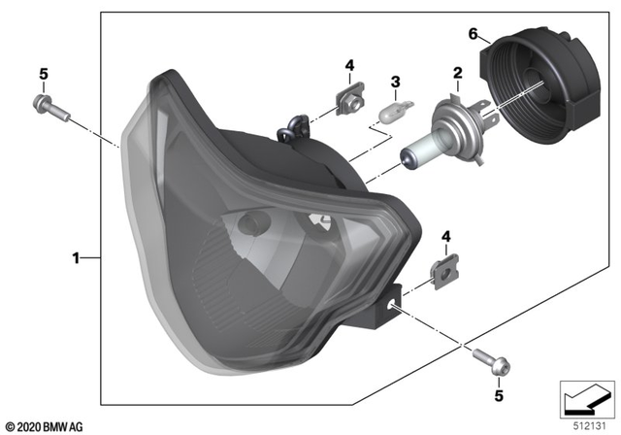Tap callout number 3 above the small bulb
click(x=395, y=81)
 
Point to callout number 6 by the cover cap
click(x=474, y=34)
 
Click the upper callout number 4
click(x=349, y=66)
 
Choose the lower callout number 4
click(x=445, y=236)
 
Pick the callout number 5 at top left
click(x=43, y=74)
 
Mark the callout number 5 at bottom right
click(x=499, y=395)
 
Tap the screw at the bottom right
click(x=487, y=363)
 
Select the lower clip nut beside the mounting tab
click(x=443, y=273)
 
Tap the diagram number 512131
click(x=584, y=424)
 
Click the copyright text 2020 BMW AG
click(x=46, y=425)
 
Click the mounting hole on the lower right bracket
click(x=395, y=304)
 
